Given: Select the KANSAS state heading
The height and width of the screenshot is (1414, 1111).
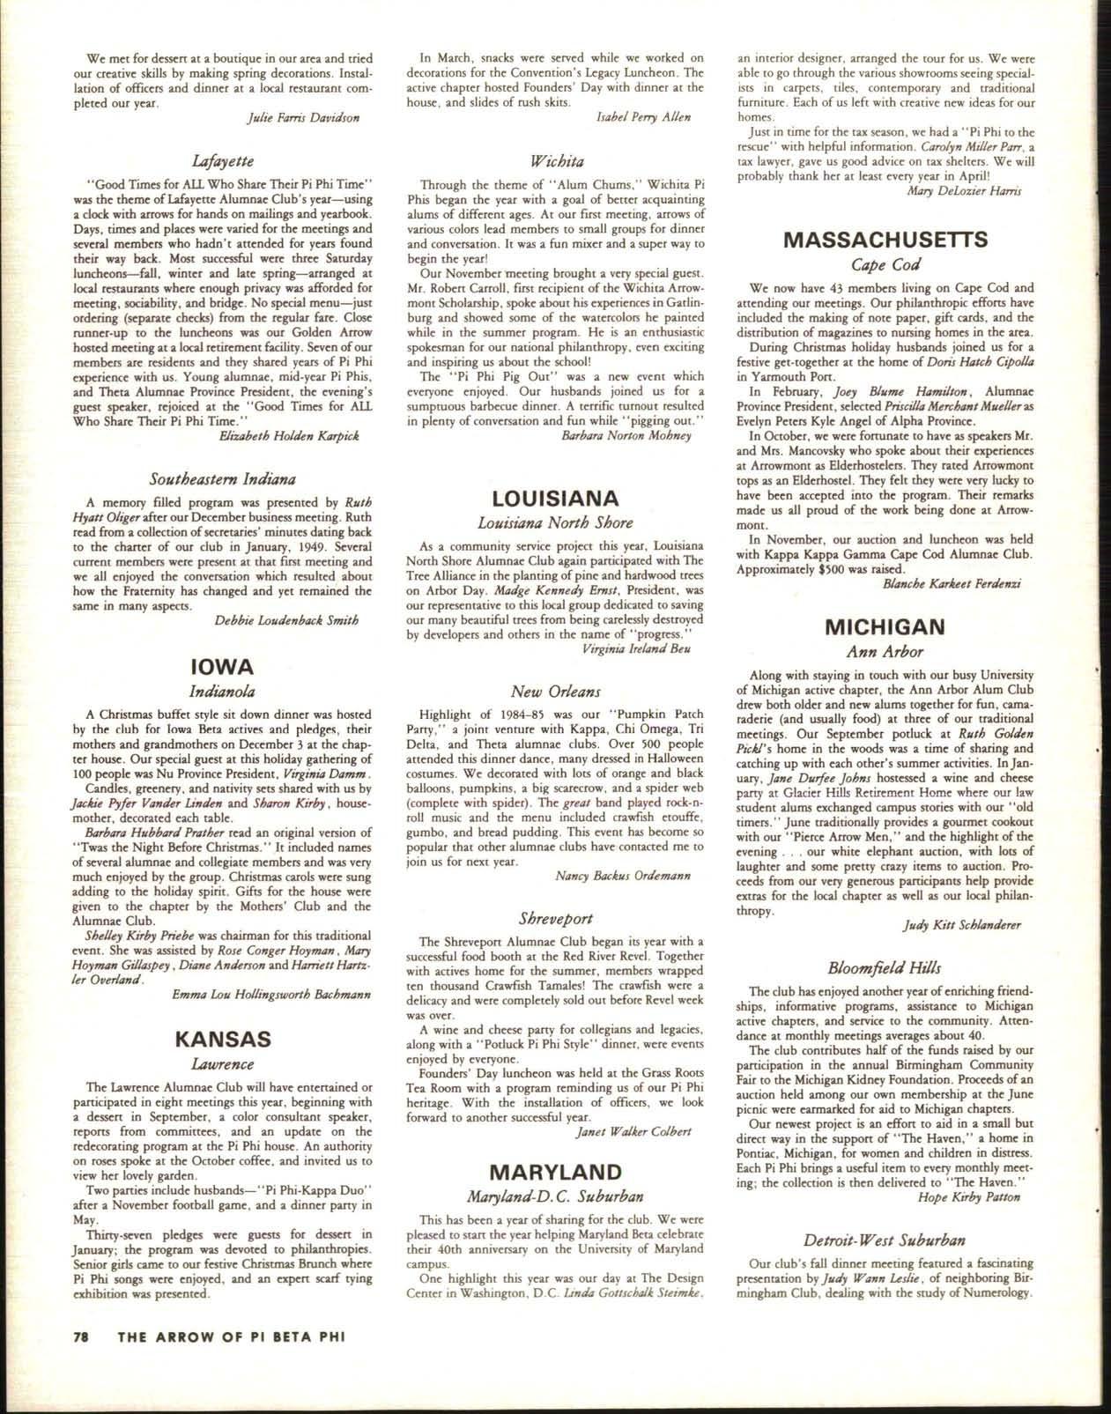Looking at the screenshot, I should [x=222, y=1038].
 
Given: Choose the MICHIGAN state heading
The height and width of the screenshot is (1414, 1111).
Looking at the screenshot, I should [x=885, y=626].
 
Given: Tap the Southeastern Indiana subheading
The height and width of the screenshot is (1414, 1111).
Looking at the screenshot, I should [x=222, y=479].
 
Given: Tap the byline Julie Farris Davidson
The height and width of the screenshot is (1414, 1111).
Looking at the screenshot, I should [x=300, y=117].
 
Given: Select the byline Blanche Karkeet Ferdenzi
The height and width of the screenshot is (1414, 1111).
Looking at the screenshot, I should [x=951, y=583].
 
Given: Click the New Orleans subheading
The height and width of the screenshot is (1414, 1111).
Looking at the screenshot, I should [x=555, y=692].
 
